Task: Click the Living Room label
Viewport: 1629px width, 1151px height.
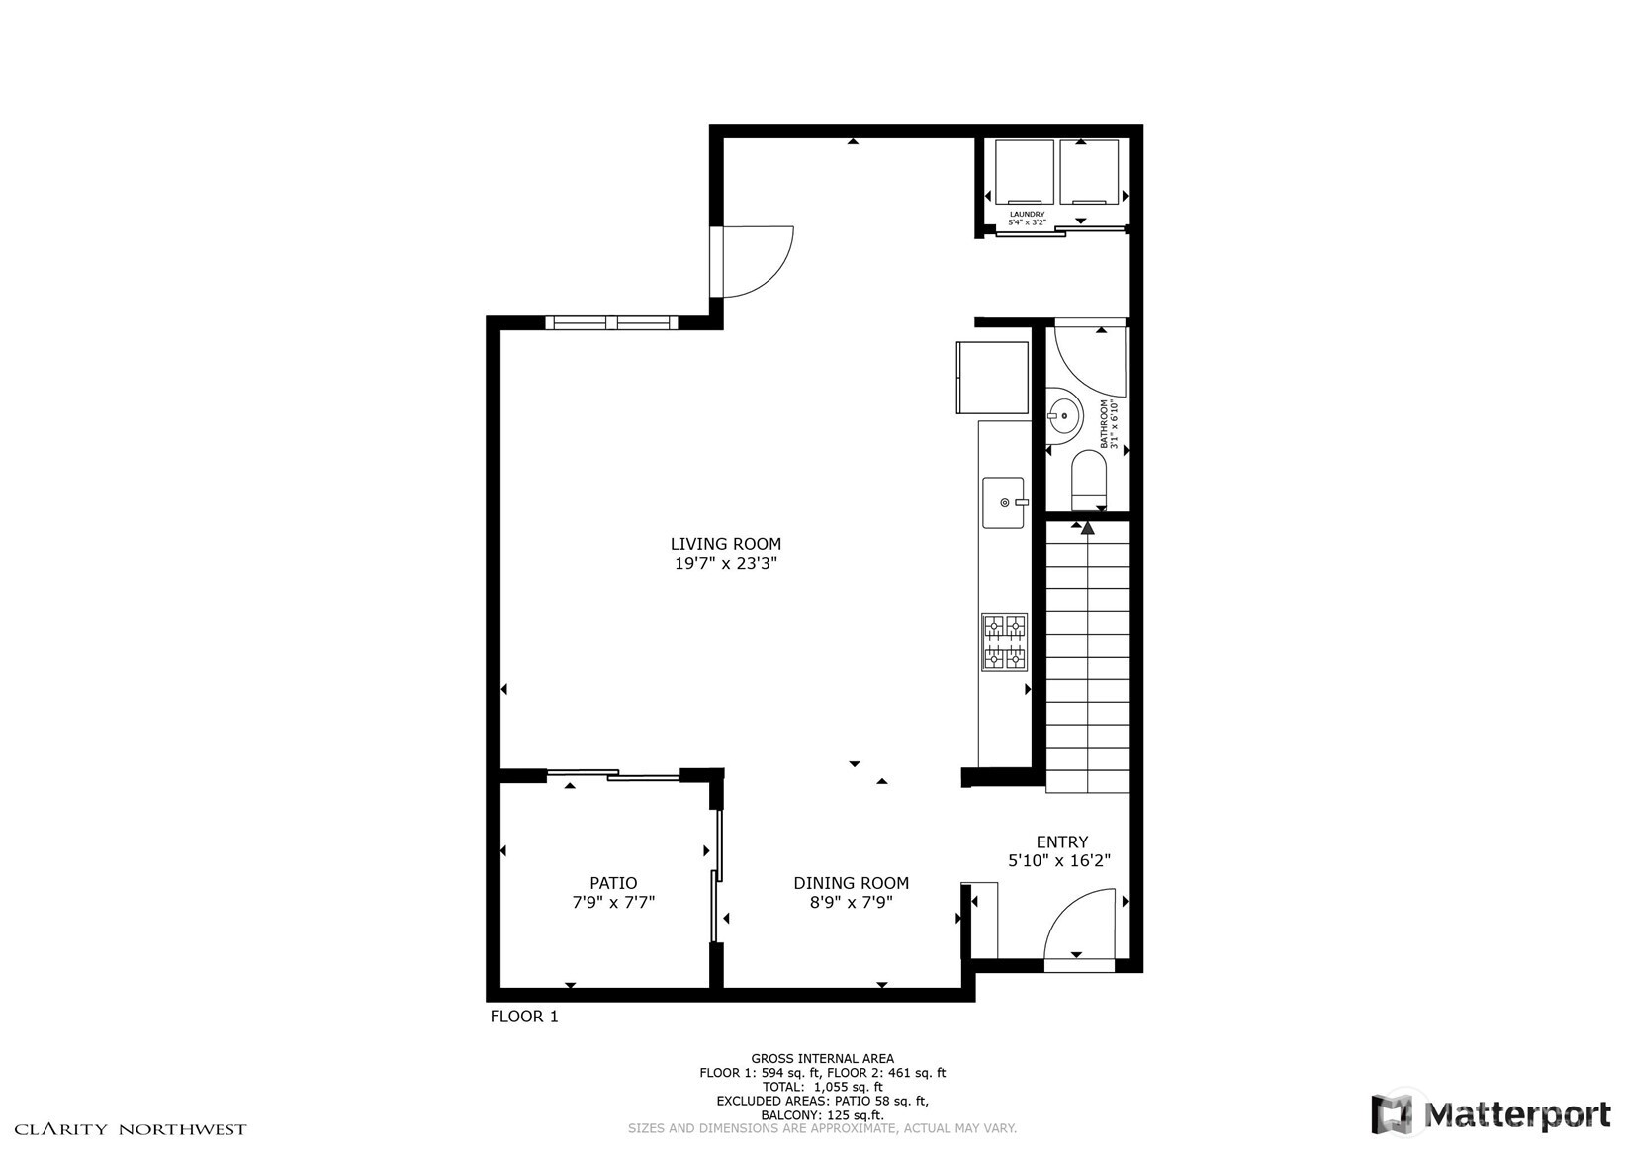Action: pos(725,544)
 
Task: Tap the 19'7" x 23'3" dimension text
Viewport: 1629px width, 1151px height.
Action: pos(725,564)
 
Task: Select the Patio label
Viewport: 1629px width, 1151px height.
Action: pos(613,883)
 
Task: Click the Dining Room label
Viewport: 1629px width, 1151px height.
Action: pos(851,883)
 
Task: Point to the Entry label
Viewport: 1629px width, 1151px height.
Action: pos(1061,841)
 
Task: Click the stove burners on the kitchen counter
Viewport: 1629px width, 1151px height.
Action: pos(1004,642)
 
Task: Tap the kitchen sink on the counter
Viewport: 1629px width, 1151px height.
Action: pos(1003,502)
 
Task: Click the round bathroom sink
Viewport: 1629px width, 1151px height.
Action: pos(1064,415)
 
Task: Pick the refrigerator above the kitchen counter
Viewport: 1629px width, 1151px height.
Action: pos(992,377)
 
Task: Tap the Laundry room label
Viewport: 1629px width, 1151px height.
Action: pos(1027,218)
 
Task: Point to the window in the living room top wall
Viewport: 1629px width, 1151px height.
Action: pos(611,322)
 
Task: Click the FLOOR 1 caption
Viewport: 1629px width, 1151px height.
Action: pos(524,1017)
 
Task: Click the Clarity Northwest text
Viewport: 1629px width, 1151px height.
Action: pos(130,1129)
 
